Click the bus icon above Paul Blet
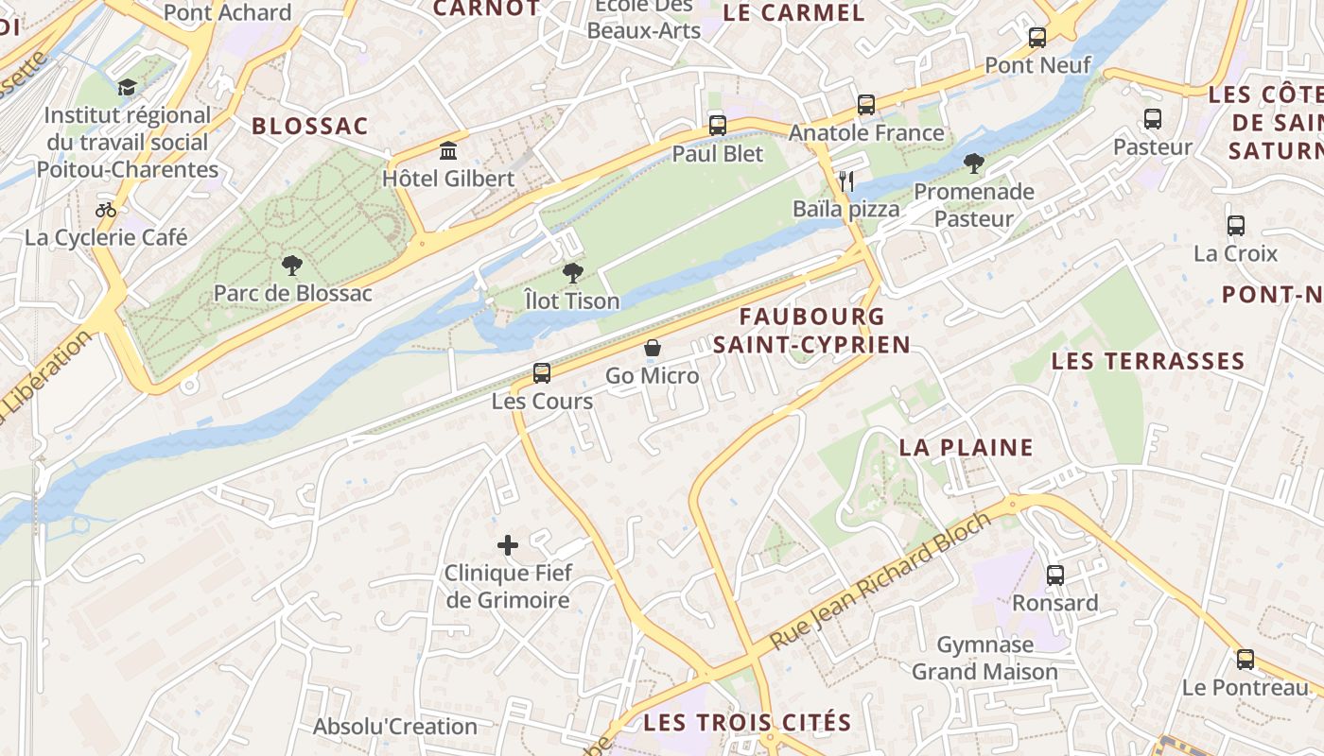718,126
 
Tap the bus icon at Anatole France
866,105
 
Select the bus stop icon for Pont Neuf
1037,38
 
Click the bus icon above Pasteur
1153,119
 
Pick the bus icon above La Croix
1236,226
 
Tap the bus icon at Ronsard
1055,575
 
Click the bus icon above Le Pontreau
1246,660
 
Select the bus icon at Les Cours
542,373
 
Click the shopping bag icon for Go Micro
653,348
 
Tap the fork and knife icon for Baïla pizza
846,180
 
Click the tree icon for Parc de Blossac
292,266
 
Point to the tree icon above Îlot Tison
572,274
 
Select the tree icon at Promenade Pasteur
974,163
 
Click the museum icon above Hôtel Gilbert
448,151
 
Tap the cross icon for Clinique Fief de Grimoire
508,545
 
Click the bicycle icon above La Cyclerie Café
106,210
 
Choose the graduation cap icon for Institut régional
127,88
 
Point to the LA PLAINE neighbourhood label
966,447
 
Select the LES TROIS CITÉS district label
747,723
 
